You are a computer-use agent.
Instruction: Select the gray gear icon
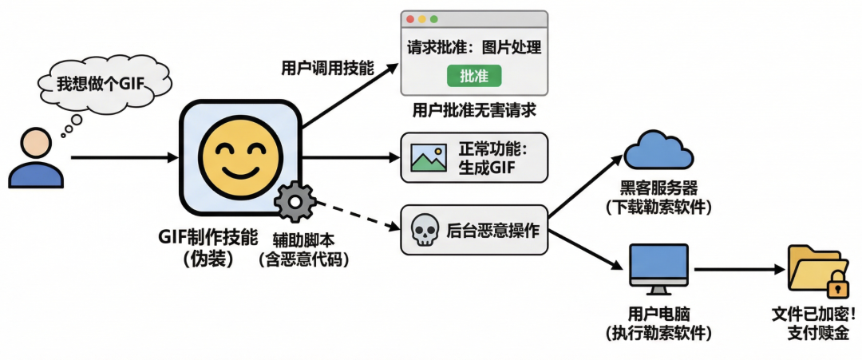295,202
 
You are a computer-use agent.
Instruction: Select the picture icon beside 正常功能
429,157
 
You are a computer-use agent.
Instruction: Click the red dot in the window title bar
410,18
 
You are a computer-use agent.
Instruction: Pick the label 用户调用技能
327,68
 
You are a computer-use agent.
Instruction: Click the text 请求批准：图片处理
474,47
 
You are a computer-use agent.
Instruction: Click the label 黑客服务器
658,189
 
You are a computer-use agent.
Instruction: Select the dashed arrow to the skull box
351,218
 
